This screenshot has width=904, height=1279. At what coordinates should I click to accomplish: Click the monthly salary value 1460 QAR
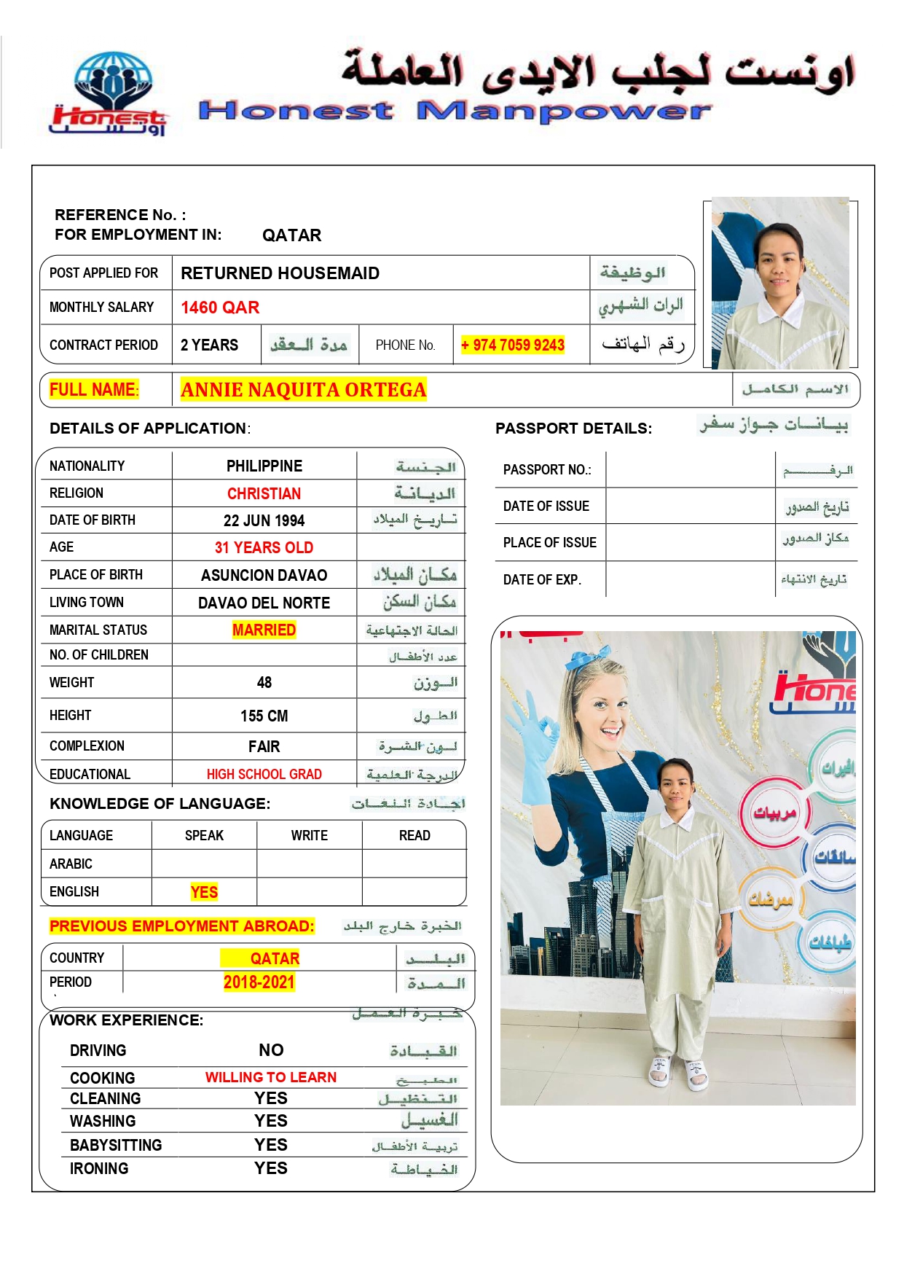(220, 308)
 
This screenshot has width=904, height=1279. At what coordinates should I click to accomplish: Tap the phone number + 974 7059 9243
(513, 345)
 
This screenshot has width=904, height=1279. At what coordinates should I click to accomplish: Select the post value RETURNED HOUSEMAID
(280, 273)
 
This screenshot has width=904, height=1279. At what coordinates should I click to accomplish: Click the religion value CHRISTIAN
(264, 494)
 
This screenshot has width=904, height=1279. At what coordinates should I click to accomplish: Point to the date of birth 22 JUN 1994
(264, 521)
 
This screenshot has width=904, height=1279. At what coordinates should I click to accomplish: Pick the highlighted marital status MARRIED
(264, 630)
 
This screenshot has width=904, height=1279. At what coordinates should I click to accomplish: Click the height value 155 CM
(264, 716)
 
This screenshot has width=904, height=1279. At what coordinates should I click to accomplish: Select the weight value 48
(264, 683)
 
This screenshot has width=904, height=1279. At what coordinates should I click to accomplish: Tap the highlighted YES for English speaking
(204, 892)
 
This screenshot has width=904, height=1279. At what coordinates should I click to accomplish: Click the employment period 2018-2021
(259, 982)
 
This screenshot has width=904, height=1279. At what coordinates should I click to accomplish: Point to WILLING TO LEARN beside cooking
(270, 1077)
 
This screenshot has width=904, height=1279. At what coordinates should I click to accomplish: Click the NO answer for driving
(271, 1050)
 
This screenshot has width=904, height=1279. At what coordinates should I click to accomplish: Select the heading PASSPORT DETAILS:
(573, 429)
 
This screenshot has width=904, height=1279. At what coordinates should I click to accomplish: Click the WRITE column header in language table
(310, 836)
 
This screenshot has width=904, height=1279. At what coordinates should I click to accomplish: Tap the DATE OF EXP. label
(542, 580)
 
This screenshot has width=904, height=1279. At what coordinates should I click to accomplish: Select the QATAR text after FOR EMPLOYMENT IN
(291, 235)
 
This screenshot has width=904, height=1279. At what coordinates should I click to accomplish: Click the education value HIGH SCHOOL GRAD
(264, 775)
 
